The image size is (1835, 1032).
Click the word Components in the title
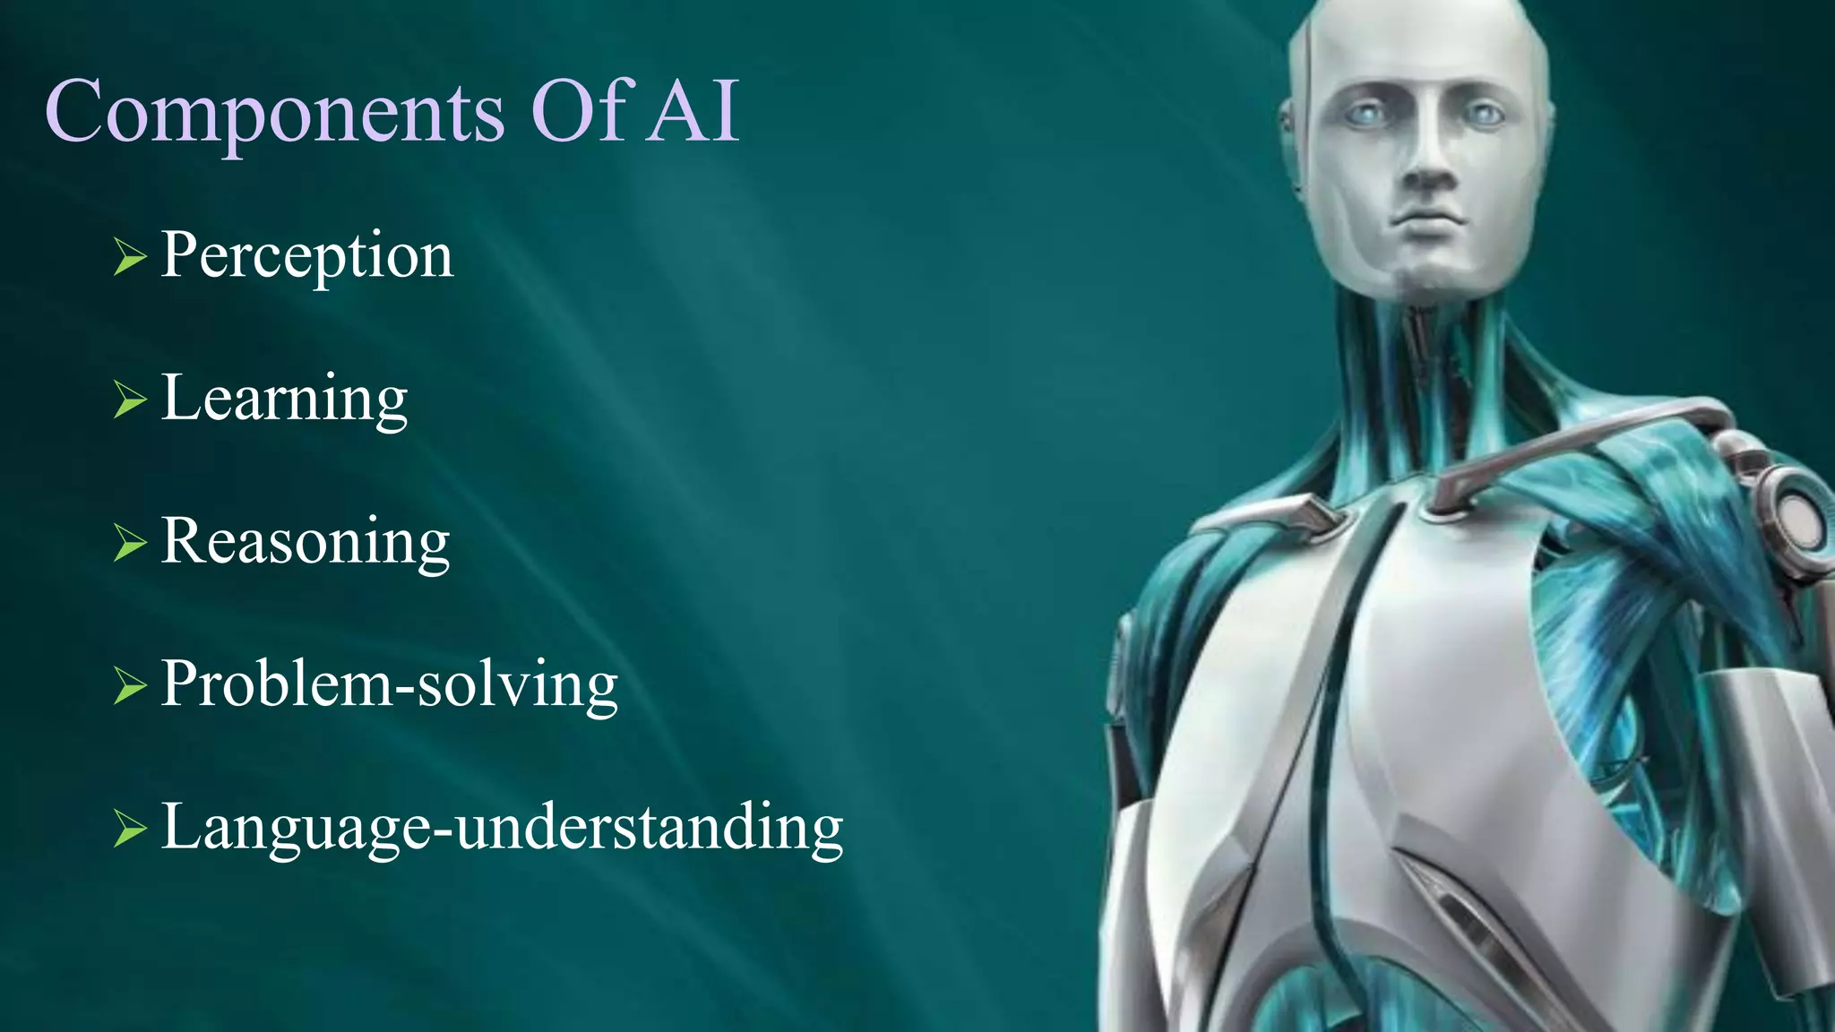pyautogui.click(x=274, y=113)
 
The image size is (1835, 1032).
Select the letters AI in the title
pyautogui.click(x=694, y=111)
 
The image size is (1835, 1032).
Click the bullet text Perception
pyautogui.click(x=306, y=256)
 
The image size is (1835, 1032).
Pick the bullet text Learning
pyautogui.click(x=284, y=399)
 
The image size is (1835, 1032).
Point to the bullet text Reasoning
pyautogui.click(x=305, y=542)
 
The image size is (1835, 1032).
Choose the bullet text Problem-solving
pyautogui.click(x=389, y=684)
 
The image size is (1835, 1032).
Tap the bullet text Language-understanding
pyautogui.click(x=502, y=827)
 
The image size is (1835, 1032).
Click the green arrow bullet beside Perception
pyautogui.click(x=130, y=258)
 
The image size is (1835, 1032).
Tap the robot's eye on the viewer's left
pyautogui.click(x=1365, y=114)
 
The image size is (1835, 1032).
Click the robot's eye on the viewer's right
pyautogui.click(x=1483, y=115)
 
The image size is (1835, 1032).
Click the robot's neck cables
pyautogui.click(x=1425, y=358)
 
